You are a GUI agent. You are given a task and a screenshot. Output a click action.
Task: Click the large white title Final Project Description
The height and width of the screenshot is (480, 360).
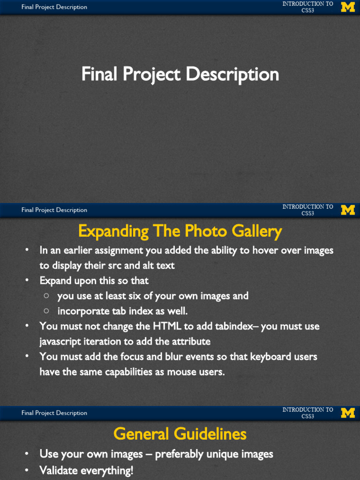[x=180, y=75]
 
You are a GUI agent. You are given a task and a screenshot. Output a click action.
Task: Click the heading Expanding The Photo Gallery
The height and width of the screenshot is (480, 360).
[x=180, y=231]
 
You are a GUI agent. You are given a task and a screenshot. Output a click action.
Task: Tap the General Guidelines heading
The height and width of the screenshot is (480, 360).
[x=180, y=434]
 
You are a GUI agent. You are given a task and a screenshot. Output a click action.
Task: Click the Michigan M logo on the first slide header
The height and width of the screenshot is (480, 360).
[x=347, y=7]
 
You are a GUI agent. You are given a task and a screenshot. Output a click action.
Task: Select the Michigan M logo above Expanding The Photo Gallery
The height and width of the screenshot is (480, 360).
[x=347, y=210]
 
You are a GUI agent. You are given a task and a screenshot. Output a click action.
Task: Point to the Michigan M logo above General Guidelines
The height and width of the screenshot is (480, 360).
[x=347, y=413]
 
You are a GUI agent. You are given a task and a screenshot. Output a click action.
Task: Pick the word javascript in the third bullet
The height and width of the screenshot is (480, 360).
[x=60, y=342]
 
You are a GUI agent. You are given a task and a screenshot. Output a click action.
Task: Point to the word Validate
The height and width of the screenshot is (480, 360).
[x=59, y=470]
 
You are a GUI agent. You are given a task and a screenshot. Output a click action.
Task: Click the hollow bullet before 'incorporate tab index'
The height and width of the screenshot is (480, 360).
[x=46, y=311]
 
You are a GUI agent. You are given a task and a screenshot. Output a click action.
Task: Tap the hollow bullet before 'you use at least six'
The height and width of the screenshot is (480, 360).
[x=46, y=296]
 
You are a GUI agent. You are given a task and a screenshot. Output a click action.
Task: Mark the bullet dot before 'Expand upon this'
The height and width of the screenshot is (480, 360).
[x=28, y=280]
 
